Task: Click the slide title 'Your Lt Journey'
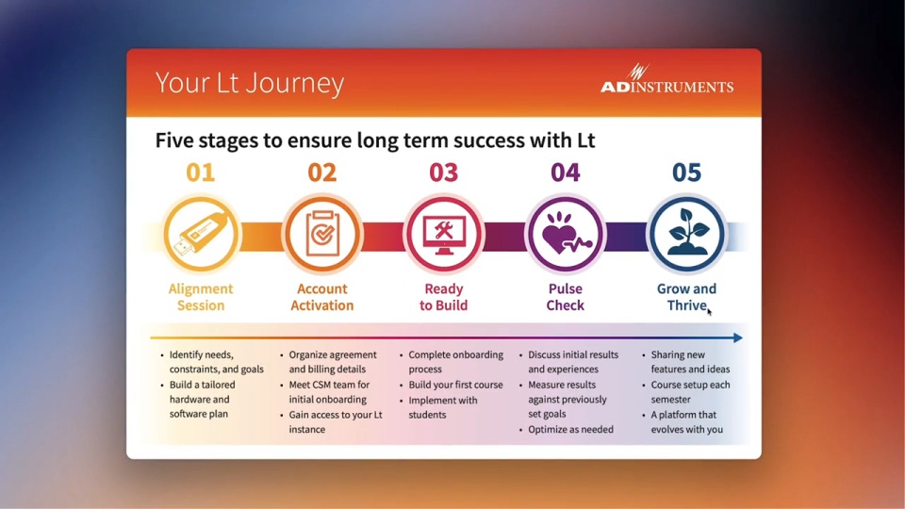pyautogui.click(x=249, y=83)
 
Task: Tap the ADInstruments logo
pyautogui.click(x=666, y=78)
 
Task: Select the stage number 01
pyautogui.click(x=200, y=172)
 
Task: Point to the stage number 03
pyautogui.click(x=443, y=172)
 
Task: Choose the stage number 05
pyautogui.click(x=686, y=172)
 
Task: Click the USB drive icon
pyautogui.click(x=201, y=235)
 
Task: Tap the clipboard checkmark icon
pyautogui.click(x=322, y=235)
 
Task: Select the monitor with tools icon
pyautogui.click(x=444, y=235)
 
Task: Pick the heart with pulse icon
pyautogui.click(x=565, y=235)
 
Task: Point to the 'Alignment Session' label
pyautogui.click(x=201, y=297)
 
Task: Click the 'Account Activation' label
pyautogui.click(x=322, y=297)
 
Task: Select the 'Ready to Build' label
pyautogui.click(x=443, y=297)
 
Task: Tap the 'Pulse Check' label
pyautogui.click(x=565, y=297)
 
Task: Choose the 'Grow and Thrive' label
pyautogui.click(x=686, y=297)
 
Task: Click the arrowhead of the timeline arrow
pyautogui.click(x=738, y=337)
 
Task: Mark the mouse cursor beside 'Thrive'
pyautogui.click(x=709, y=312)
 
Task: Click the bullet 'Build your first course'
pyautogui.click(x=455, y=385)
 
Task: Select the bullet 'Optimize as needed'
pyautogui.click(x=570, y=430)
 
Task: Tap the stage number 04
pyautogui.click(x=565, y=172)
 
